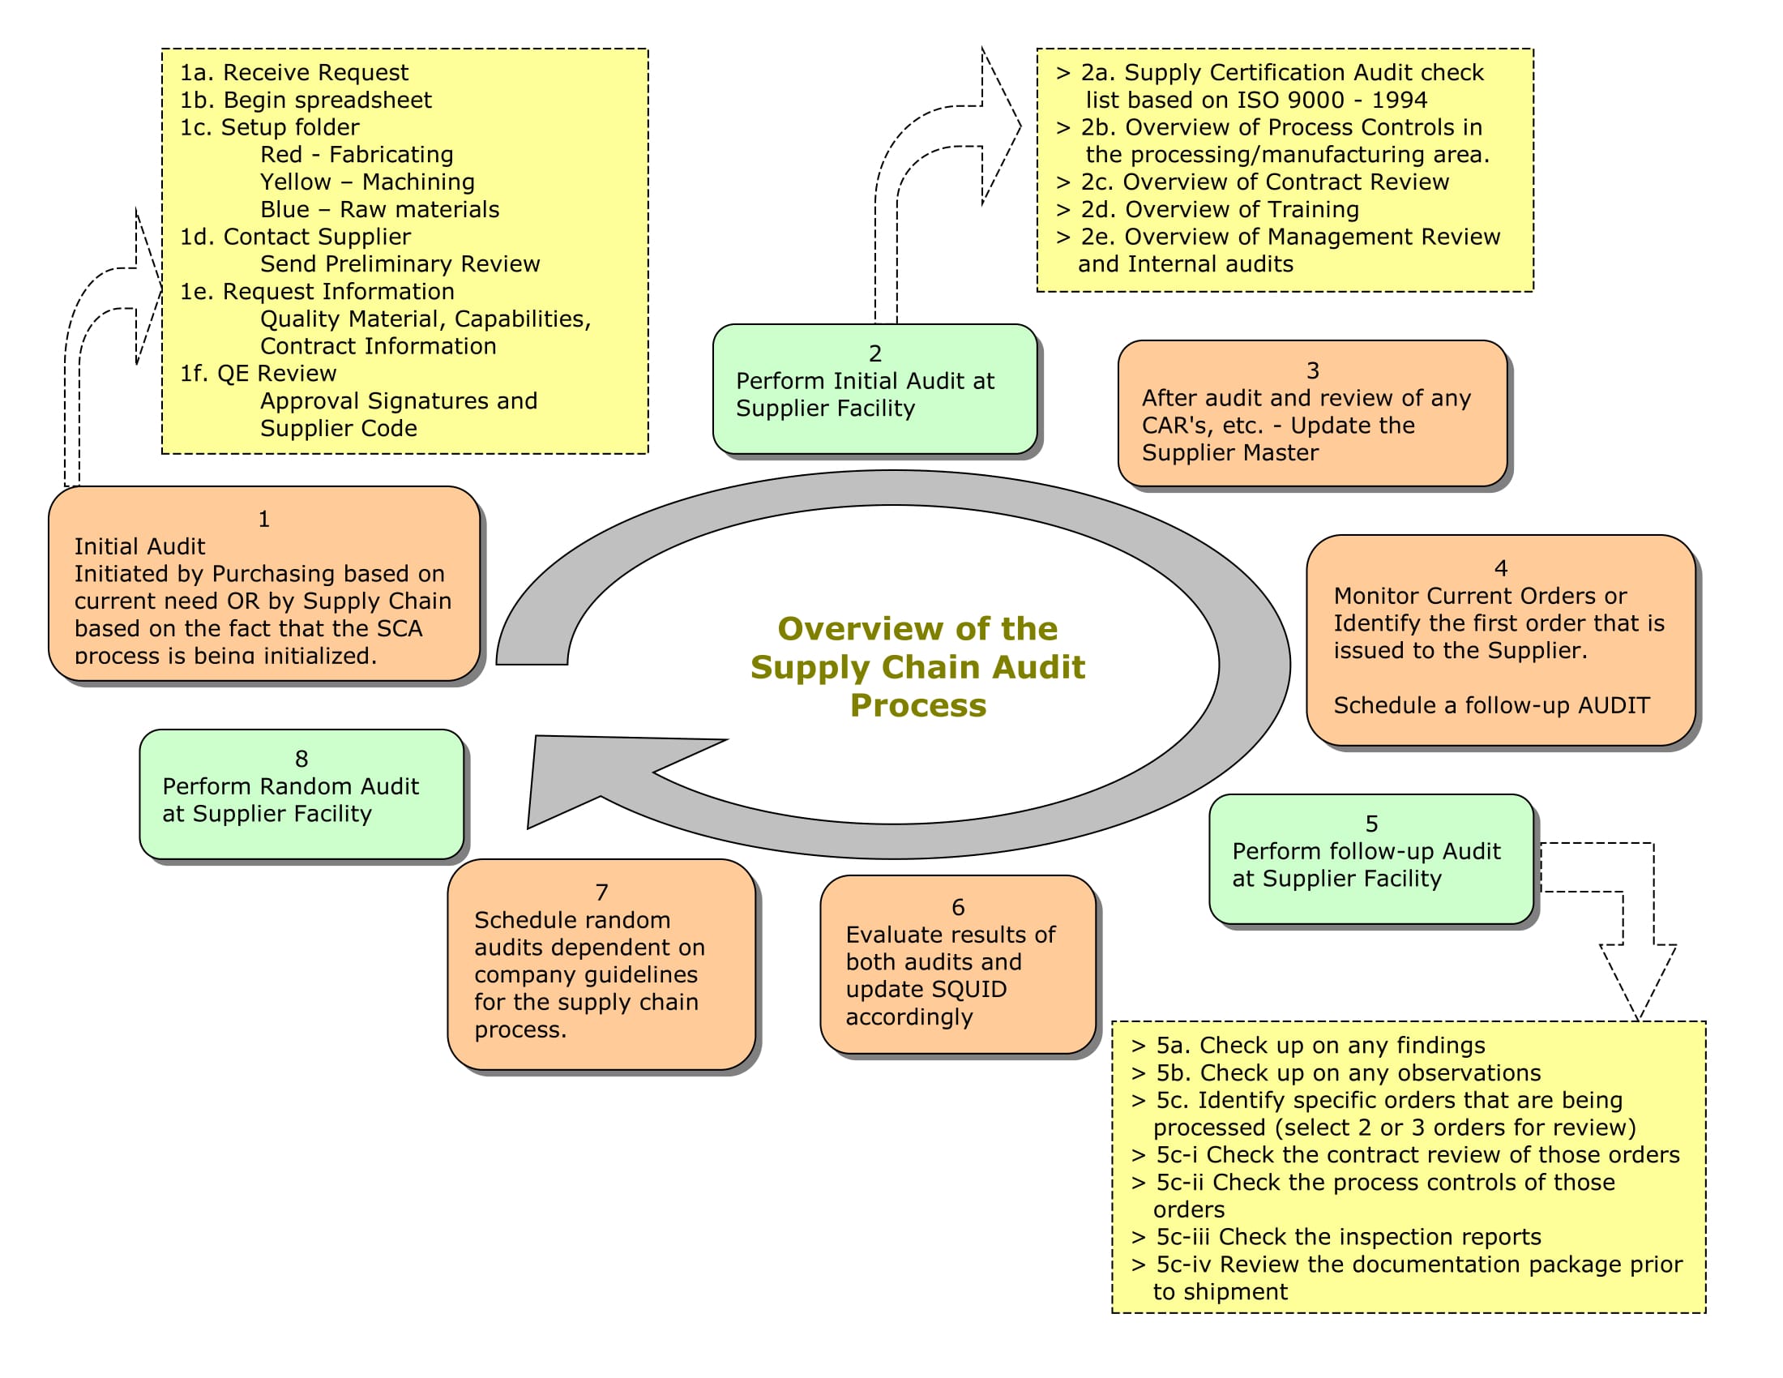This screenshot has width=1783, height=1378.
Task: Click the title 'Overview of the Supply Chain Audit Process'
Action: [917, 666]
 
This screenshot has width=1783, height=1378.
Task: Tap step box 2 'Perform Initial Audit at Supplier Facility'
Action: [874, 389]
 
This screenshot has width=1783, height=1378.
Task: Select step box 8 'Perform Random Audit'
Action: [301, 794]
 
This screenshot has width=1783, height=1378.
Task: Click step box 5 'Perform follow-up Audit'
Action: [1370, 858]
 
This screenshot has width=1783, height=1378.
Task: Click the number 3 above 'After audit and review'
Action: [1312, 370]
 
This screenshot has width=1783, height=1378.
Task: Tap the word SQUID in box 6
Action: [967, 990]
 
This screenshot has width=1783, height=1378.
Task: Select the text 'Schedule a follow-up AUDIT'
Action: [1490, 705]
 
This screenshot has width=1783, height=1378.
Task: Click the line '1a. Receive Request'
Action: [294, 73]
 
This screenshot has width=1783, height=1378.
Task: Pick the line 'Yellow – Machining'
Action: [366, 182]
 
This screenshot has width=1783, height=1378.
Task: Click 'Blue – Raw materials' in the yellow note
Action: [378, 210]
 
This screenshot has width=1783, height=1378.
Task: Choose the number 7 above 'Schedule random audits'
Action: [601, 892]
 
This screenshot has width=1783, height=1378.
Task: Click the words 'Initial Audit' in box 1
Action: [139, 546]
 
